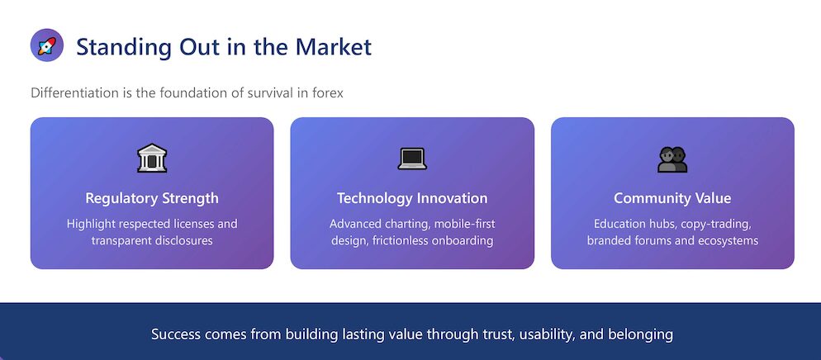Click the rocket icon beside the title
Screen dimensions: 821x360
[47, 45]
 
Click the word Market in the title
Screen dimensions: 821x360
[334, 46]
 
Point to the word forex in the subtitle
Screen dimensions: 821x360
[328, 93]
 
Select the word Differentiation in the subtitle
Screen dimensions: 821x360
[67, 93]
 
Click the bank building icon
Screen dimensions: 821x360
[152, 159]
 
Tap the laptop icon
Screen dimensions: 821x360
[412, 159]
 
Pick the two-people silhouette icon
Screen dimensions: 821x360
[672, 159]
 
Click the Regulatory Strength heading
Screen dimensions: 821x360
[152, 199]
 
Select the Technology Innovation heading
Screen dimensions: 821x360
[412, 198]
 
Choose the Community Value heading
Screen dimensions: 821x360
[672, 198]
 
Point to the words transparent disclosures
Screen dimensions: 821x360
[152, 241]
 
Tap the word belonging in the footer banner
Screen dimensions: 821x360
[645, 335]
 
